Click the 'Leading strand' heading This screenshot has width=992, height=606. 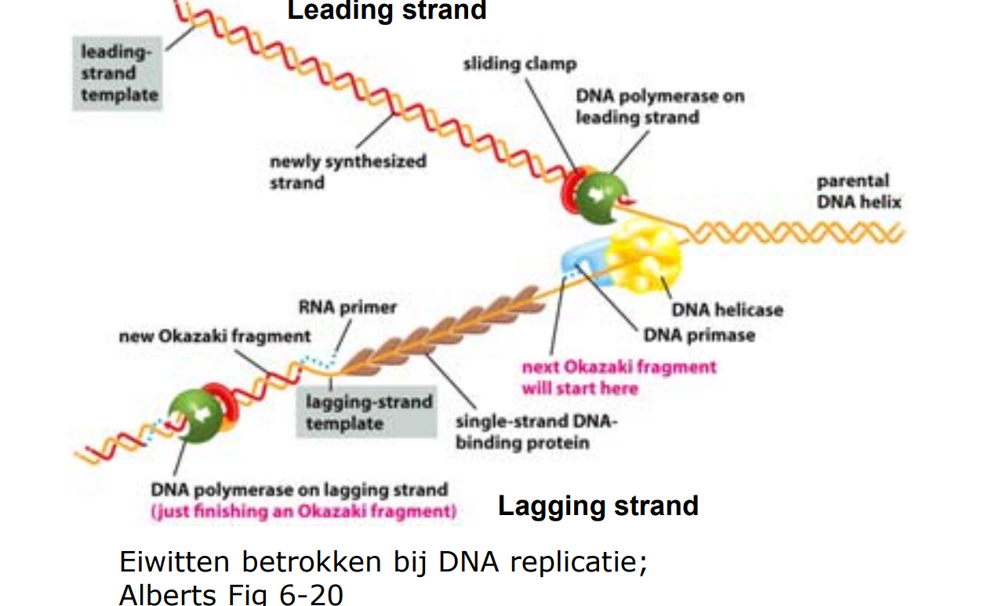click(x=387, y=11)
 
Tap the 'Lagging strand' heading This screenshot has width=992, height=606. click(x=598, y=506)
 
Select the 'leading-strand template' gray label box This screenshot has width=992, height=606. click(x=118, y=74)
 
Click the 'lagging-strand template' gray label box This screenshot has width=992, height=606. click(x=369, y=413)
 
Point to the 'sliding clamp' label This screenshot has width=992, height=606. click(x=519, y=64)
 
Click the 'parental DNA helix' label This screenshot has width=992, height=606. click(x=859, y=191)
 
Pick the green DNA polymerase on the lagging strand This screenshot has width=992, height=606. click(x=191, y=415)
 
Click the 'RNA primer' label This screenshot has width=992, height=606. click(x=347, y=307)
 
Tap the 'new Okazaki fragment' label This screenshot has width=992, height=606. click(x=215, y=336)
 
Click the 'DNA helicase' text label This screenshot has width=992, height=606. click(x=727, y=310)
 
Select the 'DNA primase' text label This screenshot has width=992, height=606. click(x=699, y=336)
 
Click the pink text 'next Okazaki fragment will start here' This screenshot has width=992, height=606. click(x=619, y=377)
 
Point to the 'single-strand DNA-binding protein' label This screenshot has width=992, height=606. click(x=537, y=432)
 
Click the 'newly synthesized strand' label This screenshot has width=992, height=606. click(x=347, y=172)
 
